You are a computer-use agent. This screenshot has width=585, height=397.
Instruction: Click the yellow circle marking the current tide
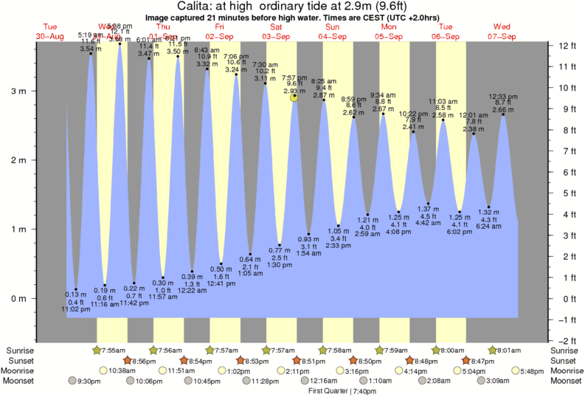pos(294,97)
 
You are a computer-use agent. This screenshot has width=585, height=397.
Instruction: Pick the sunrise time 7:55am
pos(117,350)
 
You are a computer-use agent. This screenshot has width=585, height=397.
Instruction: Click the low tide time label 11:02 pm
pos(76,309)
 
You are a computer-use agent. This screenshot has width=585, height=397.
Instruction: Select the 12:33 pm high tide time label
pos(502,96)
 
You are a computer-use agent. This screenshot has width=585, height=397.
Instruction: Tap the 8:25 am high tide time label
pos(324,81)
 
